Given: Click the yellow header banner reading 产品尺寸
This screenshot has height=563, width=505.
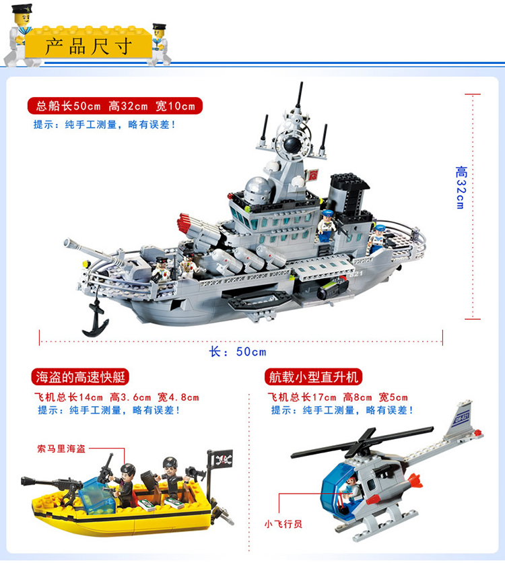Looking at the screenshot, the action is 88,45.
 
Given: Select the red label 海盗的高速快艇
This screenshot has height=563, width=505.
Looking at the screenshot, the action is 80,377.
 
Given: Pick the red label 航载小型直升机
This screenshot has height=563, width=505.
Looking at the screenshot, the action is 314,377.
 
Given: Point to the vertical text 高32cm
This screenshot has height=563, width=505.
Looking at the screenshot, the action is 461,187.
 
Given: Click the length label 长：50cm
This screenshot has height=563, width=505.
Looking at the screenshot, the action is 238,352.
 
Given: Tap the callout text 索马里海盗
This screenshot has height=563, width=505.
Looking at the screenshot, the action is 61,449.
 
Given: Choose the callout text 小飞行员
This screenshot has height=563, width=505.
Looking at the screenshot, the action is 283,524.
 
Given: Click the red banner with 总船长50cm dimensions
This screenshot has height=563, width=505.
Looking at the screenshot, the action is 115,106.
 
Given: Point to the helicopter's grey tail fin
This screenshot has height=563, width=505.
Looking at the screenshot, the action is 459,420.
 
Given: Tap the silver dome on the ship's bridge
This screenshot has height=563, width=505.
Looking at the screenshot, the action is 257,189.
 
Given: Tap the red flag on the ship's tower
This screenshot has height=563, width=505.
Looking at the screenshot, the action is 313,175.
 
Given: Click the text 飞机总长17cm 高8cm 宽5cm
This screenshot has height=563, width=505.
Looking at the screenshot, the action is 338,397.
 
